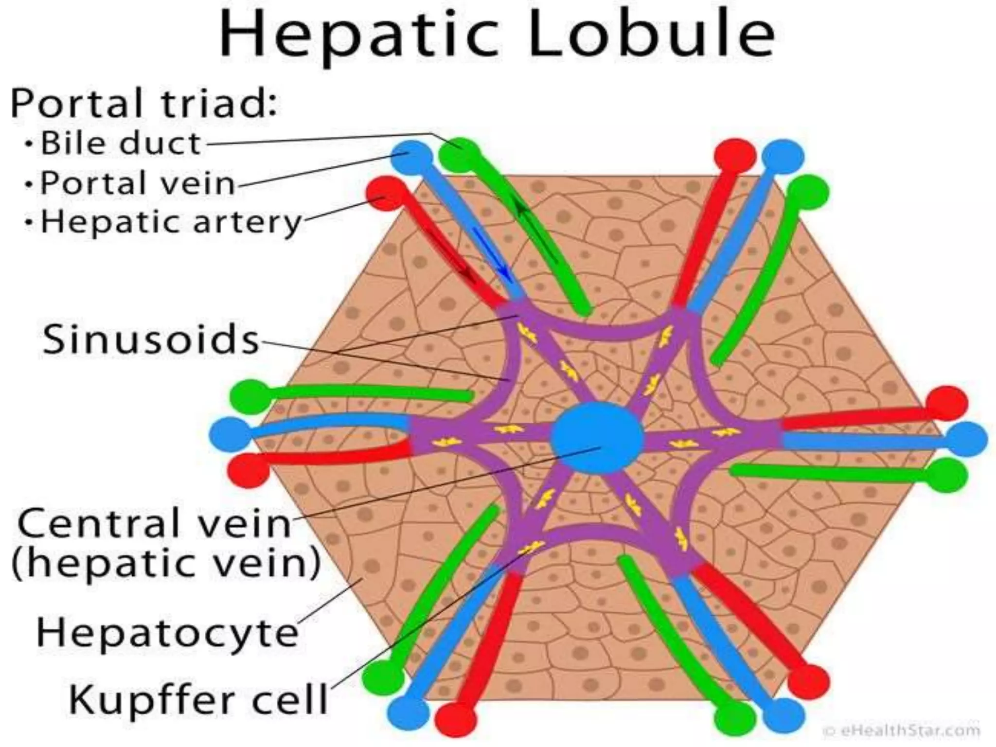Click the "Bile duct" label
click(121, 143)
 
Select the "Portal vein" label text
click(138, 183)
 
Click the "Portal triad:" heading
click(144, 103)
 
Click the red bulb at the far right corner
click(946, 403)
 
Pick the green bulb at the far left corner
click(250, 396)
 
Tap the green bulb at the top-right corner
click(807, 193)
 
